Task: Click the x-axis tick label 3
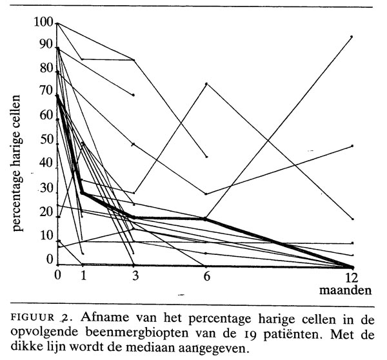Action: click(134, 275)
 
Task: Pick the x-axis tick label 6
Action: click(206, 275)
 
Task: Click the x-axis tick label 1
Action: click(83, 275)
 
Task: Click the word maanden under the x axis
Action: click(346, 290)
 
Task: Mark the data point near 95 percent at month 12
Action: click(352, 37)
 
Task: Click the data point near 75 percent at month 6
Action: click(206, 84)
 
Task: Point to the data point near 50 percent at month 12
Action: click(352, 146)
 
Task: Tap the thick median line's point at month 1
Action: click(83, 192)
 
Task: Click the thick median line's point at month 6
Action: click(206, 219)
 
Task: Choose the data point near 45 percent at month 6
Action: click(206, 157)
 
